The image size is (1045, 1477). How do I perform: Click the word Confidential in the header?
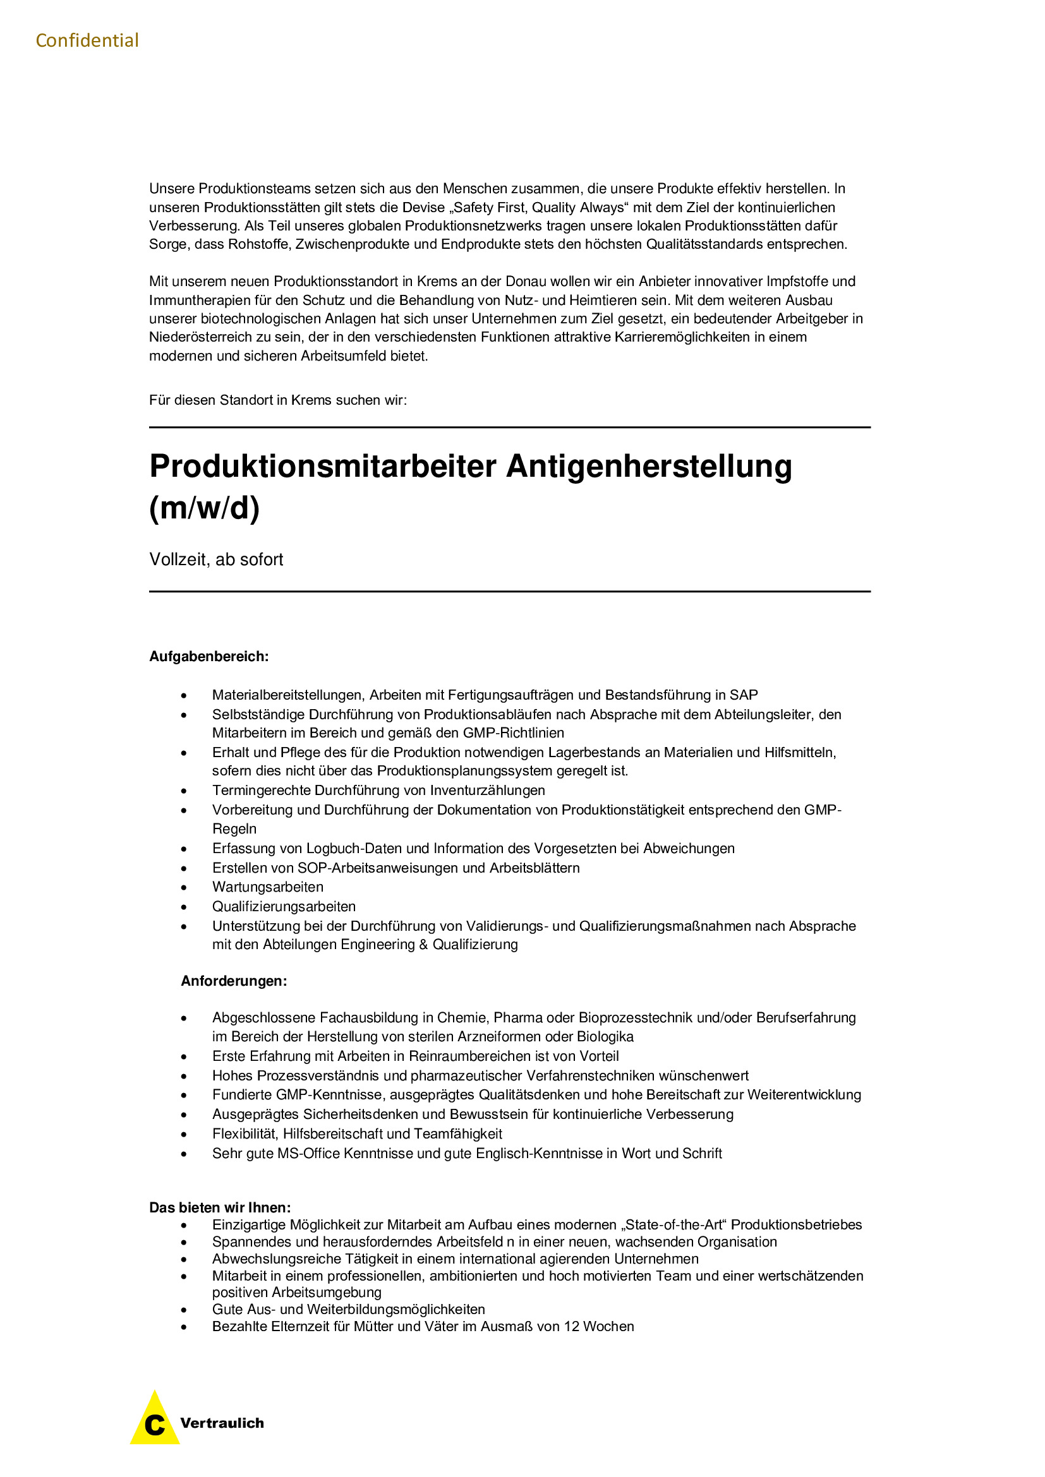[x=87, y=40]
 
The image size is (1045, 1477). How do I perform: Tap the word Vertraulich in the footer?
[x=222, y=1423]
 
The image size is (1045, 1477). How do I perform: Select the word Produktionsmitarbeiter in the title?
[x=322, y=467]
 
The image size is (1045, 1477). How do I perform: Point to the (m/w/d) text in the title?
[x=204, y=508]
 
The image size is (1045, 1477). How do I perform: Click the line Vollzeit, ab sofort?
[x=216, y=559]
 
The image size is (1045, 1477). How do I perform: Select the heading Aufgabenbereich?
[x=208, y=656]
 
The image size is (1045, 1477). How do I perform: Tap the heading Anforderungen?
[x=234, y=981]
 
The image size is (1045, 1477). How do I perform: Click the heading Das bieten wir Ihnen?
[x=220, y=1207]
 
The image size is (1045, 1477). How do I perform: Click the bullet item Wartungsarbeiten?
[x=268, y=887]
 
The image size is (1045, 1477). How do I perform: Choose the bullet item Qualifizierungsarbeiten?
[x=284, y=906]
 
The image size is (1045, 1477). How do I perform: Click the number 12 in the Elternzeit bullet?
[x=571, y=1327]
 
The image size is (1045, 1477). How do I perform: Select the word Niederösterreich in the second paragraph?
[x=200, y=337]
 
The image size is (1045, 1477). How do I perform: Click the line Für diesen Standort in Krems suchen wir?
[x=278, y=400]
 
